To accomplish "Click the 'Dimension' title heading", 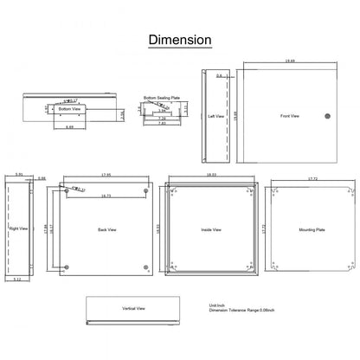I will tap(179, 40).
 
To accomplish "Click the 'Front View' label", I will tap(290, 115).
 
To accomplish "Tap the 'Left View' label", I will tap(217, 115).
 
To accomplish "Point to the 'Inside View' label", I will tap(211, 229).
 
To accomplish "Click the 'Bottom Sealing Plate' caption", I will tap(162, 99).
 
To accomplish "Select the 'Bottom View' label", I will tap(69, 109).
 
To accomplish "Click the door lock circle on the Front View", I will tap(327, 116).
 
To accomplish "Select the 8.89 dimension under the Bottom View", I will tap(69, 127).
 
